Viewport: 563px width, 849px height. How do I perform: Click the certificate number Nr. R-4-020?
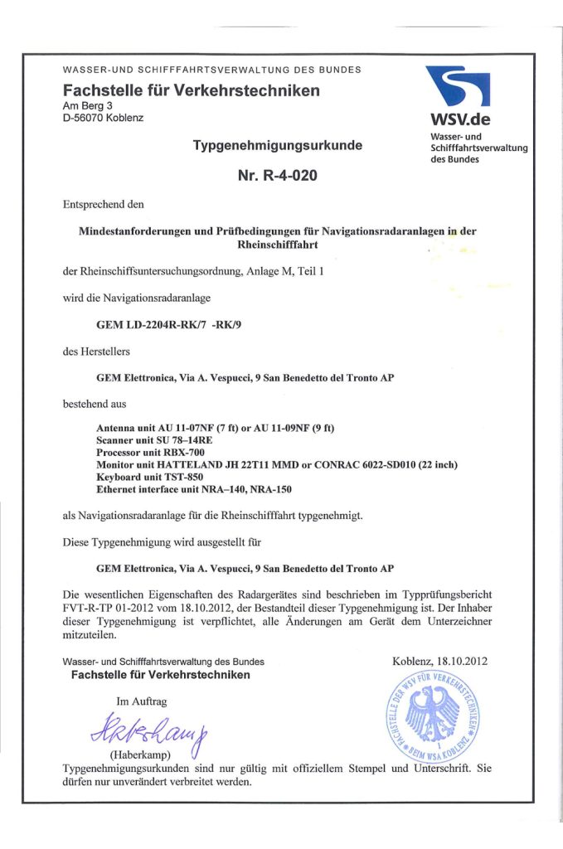pos(277,175)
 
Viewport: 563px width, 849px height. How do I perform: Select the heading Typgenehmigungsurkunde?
pos(277,146)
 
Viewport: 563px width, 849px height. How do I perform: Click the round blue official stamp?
pos(431,713)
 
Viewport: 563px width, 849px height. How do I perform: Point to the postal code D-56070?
pos(87,118)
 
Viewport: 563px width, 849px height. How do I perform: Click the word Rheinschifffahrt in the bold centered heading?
pos(277,245)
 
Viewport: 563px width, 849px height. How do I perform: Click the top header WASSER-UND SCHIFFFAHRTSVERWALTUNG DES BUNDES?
pos(211,70)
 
